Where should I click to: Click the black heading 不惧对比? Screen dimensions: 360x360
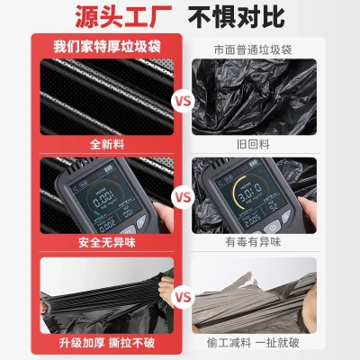coord(255,17)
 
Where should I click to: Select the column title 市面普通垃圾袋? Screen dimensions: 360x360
coord(259,47)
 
